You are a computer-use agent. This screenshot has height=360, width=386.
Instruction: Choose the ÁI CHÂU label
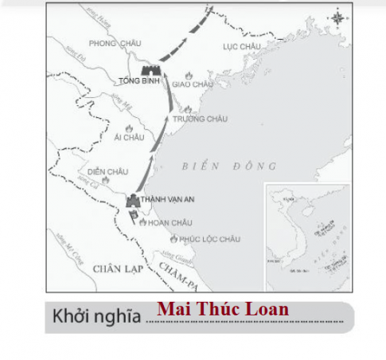click(129, 136)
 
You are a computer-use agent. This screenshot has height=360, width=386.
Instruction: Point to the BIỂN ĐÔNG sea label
click(228, 166)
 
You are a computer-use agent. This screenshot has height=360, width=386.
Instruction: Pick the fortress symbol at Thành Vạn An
click(133, 201)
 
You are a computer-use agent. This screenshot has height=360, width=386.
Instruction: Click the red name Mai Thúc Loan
click(223, 309)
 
